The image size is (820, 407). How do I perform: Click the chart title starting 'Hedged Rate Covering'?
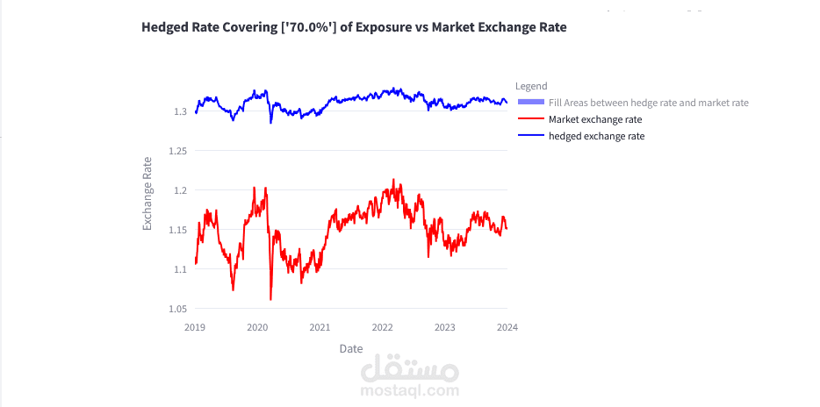354,27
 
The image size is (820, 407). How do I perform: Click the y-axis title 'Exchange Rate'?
147,194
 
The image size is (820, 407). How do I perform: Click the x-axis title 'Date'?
351,348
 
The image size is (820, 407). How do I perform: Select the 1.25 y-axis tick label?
178,151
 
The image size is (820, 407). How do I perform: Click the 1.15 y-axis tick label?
178,230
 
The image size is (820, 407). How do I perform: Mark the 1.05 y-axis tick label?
178,309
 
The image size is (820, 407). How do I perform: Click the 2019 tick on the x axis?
195,327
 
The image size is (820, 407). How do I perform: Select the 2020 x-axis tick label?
257,327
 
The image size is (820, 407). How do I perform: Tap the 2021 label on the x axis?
320,327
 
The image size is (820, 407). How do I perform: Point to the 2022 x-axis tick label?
382,327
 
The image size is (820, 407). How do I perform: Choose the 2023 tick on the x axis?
445,327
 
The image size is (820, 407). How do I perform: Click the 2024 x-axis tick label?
507,327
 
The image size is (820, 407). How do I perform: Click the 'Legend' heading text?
531,86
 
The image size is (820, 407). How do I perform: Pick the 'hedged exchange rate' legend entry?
596,136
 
